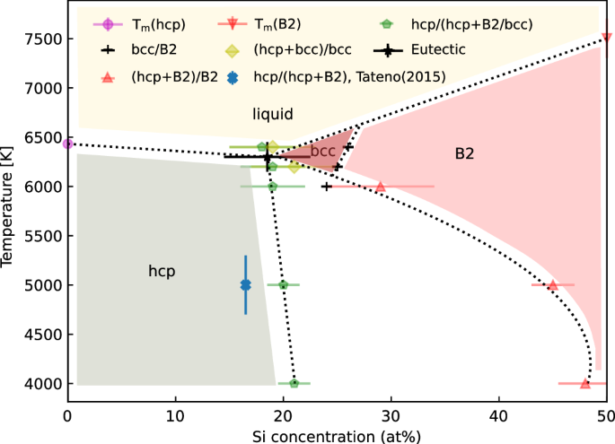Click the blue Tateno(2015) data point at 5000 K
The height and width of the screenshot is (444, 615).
pyautogui.click(x=246, y=285)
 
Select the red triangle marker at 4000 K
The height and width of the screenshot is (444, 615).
pyautogui.click(x=585, y=383)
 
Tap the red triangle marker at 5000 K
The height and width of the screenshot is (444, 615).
pyautogui.click(x=553, y=285)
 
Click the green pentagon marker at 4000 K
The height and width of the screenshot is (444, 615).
pyautogui.click(x=294, y=383)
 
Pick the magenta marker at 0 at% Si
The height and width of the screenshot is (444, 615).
pyautogui.click(x=67, y=144)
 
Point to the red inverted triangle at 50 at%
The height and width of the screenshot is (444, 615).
pyautogui.click(x=607, y=38)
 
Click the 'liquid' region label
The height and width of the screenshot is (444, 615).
pyautogui.click(x=272, y=113)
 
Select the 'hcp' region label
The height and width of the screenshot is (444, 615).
pyautogui.click(x=161, y=270)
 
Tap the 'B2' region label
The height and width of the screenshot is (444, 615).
pyautogui.click(x=464, y=154)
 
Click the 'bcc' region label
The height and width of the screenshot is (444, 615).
pyautogui.click(x=323, y=151)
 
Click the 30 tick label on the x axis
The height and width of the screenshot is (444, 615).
pyautogui.click(x=391, y=416)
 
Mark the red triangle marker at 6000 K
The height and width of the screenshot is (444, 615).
pyautogui.click(x=381, y=187)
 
